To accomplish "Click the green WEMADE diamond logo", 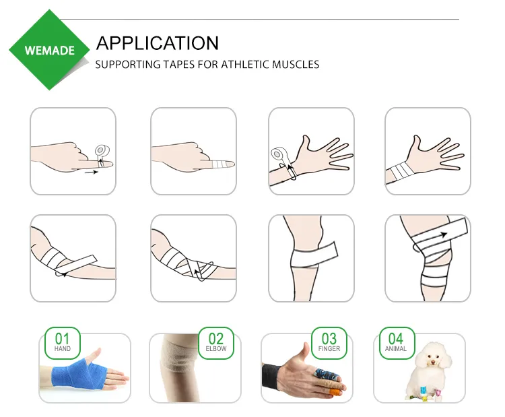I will tap(50, 50).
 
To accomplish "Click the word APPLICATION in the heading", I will tap(158, 43).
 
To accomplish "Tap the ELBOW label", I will tap(216, 349).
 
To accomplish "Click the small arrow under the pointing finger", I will tap(92, 172).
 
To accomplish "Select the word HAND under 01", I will tap(62, 349).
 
